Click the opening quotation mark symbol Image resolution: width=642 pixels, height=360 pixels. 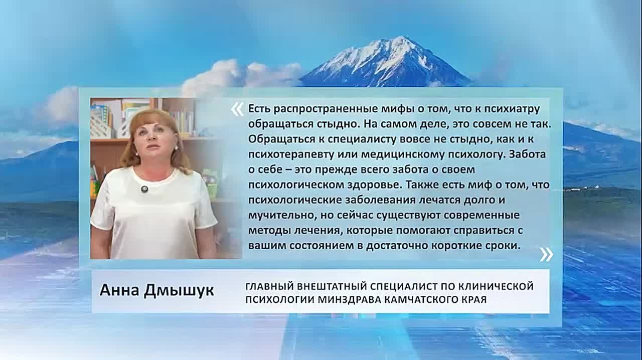(x=237, y=110)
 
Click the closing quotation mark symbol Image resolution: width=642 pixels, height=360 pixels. (x=546, y=255)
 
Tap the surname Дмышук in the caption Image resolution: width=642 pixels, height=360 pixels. (x=179, y=290)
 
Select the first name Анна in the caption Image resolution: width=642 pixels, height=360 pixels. (x=119, y=290)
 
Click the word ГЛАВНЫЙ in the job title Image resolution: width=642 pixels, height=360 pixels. (x=270, y=286)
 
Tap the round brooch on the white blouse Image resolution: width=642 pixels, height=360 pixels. (x=144, y=189)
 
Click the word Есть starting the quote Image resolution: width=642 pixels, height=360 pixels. (x=259, y=109)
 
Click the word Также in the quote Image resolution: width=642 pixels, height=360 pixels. (x=421, y=185)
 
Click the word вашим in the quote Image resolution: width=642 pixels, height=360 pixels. (x=267, y=246)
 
